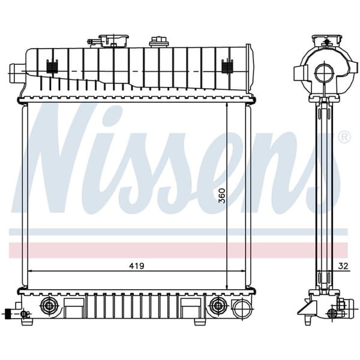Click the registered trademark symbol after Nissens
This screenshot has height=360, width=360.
(344, 137)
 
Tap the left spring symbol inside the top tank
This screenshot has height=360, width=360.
(51, 67)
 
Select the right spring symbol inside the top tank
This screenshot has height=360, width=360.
(227, 67)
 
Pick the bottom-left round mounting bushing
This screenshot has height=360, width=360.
(47, 307)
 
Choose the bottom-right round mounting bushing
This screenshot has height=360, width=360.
(216, 307)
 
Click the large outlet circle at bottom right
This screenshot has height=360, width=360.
(241, 309)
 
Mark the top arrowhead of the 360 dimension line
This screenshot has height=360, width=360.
(227, 105)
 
